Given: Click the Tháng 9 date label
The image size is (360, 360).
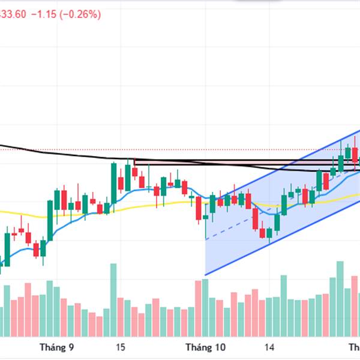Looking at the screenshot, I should tap(56, 347).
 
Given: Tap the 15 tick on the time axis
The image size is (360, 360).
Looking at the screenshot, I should tap(121, 347).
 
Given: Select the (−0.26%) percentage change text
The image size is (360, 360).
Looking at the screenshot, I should tap(79, 14).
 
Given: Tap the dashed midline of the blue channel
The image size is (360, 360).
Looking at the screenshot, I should tap(240, 222).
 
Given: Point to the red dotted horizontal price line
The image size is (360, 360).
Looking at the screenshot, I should tap(180, 149).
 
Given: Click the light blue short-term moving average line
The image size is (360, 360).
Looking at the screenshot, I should tap(144, 189).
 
